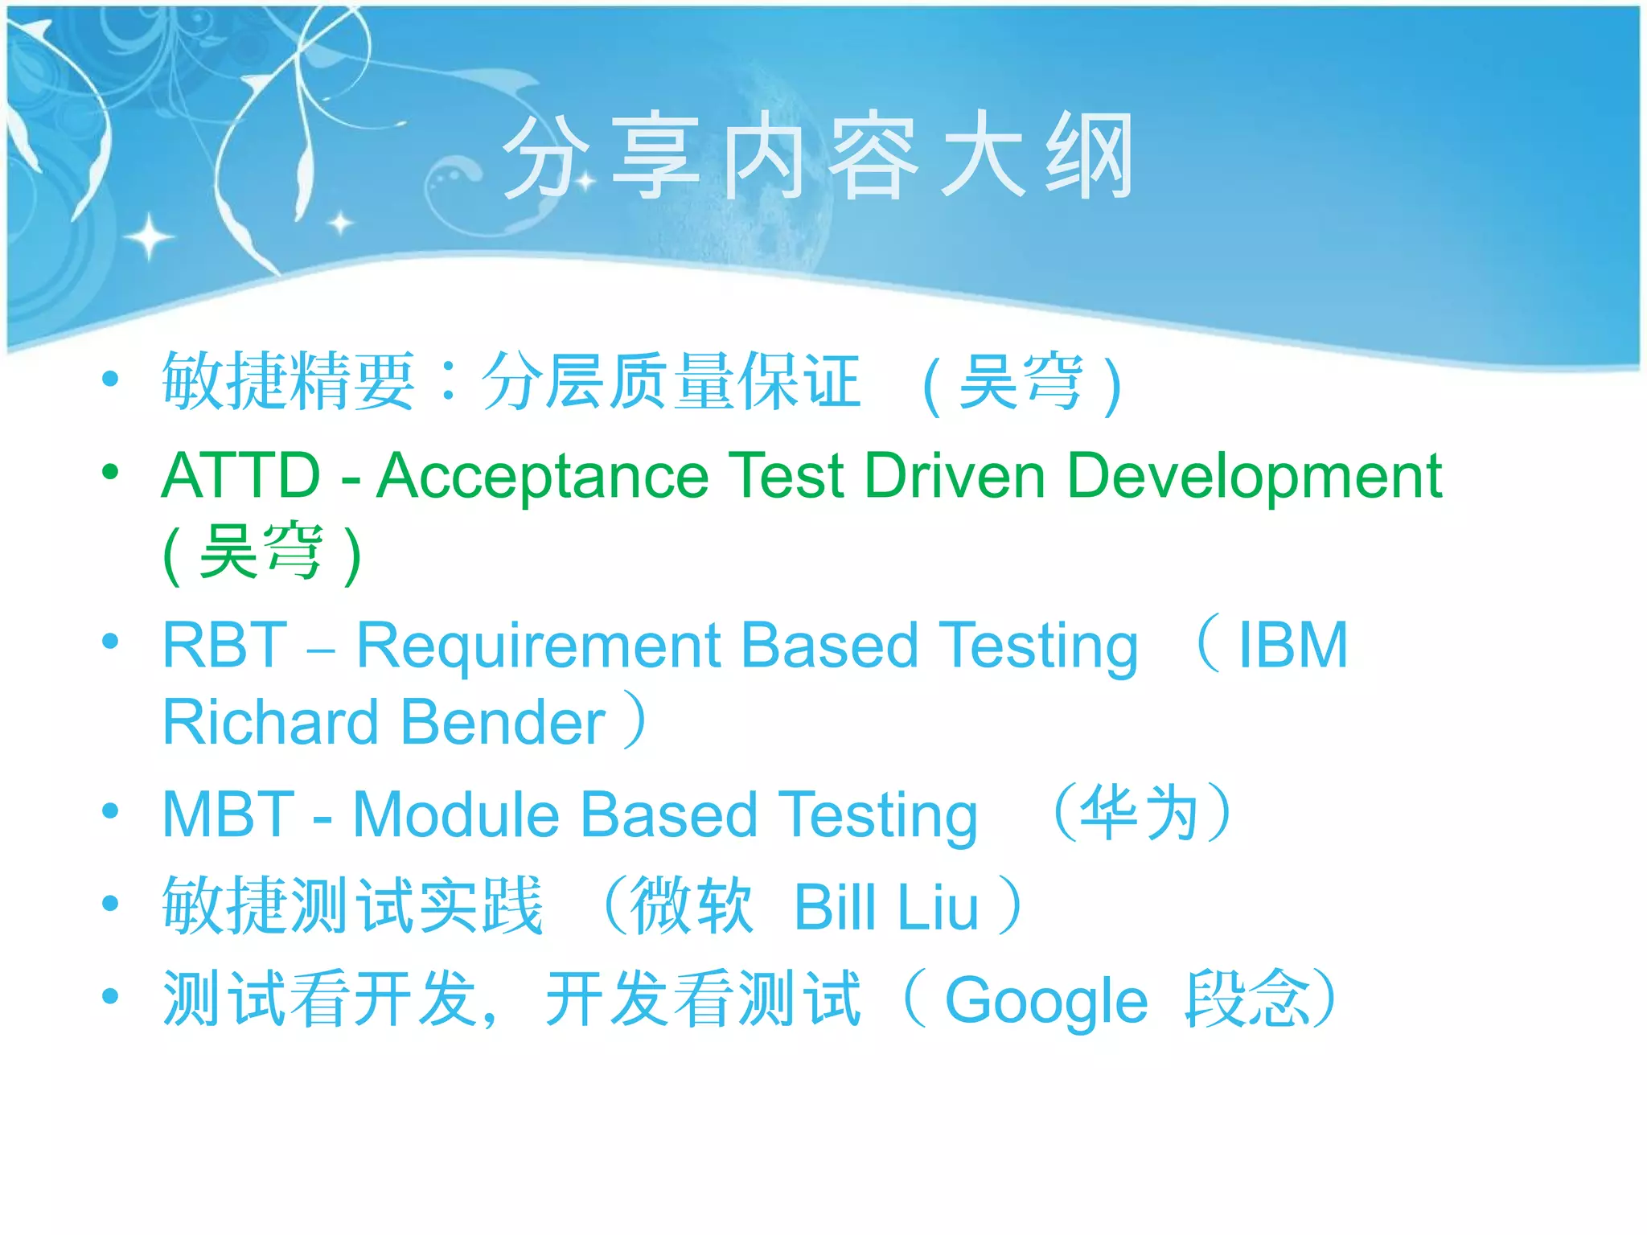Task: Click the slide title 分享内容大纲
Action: tap(819, 157)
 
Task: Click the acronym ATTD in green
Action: tap(241, 476)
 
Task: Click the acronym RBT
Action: tap(225, 646)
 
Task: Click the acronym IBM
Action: tap(1292, 646)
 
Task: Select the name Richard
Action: tap(270, 722)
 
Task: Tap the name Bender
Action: tap(503, 722)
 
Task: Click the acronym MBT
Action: tap(228, 815)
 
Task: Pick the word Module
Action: tap(455, 815)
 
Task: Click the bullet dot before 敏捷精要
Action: tap(111, 380)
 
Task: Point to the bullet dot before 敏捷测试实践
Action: tap(111, 904)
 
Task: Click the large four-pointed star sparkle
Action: tap(149, 237)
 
